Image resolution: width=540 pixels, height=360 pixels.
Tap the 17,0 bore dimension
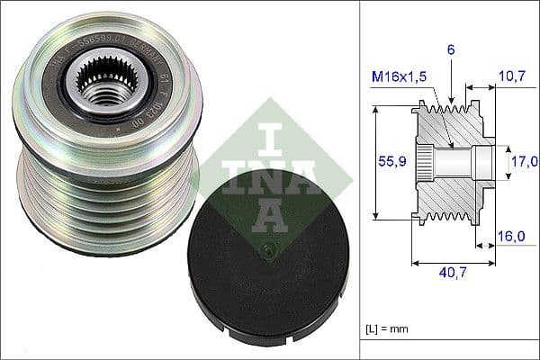524,162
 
